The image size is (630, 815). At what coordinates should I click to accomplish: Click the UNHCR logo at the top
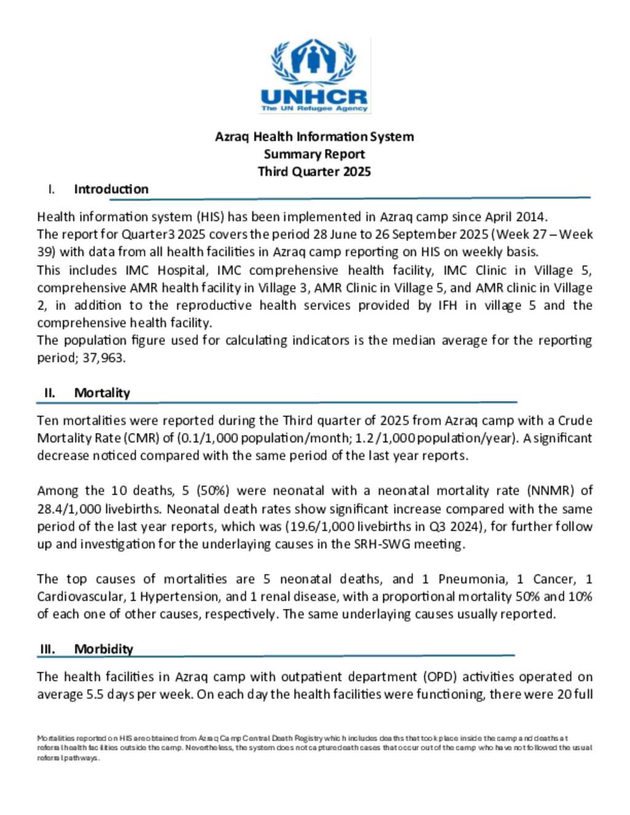click(x=314, y=76)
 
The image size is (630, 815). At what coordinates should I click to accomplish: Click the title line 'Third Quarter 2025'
click(x=314, y=172)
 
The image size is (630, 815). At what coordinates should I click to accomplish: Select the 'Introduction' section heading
click(x=111, y=189)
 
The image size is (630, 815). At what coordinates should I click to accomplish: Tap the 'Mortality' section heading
click(x=102, y=393)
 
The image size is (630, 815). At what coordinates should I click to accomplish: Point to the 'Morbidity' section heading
click(x=103, y=649)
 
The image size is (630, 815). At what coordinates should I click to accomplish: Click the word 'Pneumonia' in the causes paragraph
click(x=473, y=579)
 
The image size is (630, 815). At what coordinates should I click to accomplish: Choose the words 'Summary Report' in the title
click(x=314, y=154)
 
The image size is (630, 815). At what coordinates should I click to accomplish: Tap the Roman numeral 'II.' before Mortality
click(x=50, y=393)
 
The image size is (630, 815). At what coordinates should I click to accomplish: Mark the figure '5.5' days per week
click(x=95, y=694)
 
